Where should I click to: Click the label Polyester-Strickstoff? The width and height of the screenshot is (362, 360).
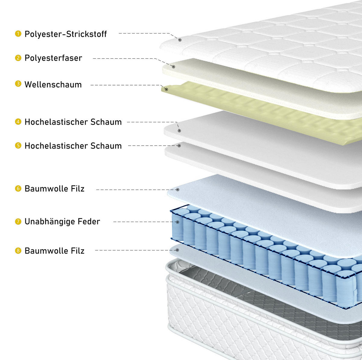coord(66,34)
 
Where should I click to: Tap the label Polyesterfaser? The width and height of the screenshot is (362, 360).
coord(53,58)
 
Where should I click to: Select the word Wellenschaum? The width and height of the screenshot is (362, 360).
coord(53,85)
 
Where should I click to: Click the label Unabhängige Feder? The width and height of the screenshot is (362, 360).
coord(62,222)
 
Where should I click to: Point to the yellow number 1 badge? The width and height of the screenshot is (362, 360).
coord(18,34)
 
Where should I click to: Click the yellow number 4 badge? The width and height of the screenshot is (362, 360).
coord(18,122)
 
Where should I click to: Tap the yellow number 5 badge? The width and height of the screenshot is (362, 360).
coord(18,146)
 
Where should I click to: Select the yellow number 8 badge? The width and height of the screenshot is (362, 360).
coord(18,251)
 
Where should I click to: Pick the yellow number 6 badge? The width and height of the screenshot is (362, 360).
coord(18,188)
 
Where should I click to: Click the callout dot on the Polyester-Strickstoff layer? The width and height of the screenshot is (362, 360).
coord(180,40)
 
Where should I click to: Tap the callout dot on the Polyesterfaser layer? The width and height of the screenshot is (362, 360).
coord(173,67)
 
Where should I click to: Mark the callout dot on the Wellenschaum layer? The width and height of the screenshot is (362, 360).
coord(166,89)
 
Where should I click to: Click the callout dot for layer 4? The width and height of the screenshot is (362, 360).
coord(179,131)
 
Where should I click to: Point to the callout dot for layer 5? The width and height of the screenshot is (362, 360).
coord(179,146)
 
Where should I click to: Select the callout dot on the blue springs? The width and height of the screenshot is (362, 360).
coord(177,222)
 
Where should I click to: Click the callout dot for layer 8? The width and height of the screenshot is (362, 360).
coord(177,250)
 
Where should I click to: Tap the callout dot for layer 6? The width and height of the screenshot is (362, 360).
coord(178,190)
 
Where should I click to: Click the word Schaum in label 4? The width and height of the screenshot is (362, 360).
coord(106,122)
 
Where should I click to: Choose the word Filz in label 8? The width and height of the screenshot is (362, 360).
coord(78,251)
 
